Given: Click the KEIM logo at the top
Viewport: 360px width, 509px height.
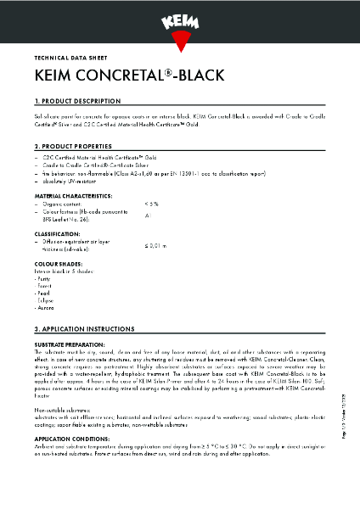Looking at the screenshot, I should pyautogui.click(x=180, y=16).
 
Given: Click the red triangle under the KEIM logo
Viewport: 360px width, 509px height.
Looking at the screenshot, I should pyautogui.click(x=180, y=39).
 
